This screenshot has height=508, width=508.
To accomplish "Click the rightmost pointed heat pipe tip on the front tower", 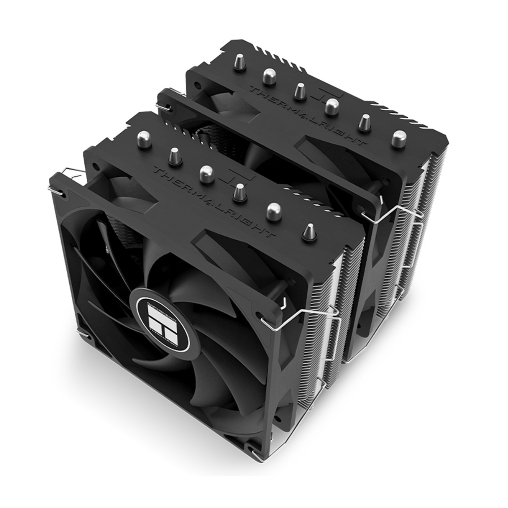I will (x=307, y=231).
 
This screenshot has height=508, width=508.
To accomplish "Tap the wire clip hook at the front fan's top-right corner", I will (x=267, y=319).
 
